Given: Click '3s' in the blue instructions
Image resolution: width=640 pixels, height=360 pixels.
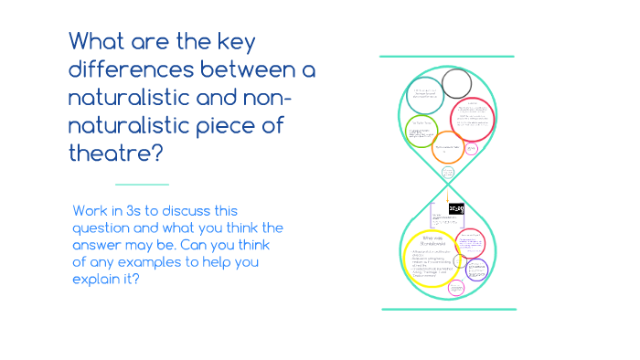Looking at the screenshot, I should (x=138, y=211).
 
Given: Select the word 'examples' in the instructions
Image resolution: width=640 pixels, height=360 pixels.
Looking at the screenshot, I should (x=170, y=262).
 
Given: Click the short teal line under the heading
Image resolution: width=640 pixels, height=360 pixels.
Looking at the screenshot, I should (x=143, y=184).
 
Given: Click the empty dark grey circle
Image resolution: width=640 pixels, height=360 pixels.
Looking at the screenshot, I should (x=456, y=83).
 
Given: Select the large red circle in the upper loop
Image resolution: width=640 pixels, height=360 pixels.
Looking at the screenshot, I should (x=473, y=119).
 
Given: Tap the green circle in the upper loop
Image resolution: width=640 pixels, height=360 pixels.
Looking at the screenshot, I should (x=421, y=132).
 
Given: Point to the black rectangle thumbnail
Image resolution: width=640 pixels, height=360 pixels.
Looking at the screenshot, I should (x=457, y=210).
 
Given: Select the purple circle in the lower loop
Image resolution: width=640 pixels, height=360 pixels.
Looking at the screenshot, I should (x=476, y=270).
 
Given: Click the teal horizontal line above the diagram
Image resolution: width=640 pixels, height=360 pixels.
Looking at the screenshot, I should (x=446, y=57).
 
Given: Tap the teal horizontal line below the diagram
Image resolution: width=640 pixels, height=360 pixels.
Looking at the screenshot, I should (x=448, y=309).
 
